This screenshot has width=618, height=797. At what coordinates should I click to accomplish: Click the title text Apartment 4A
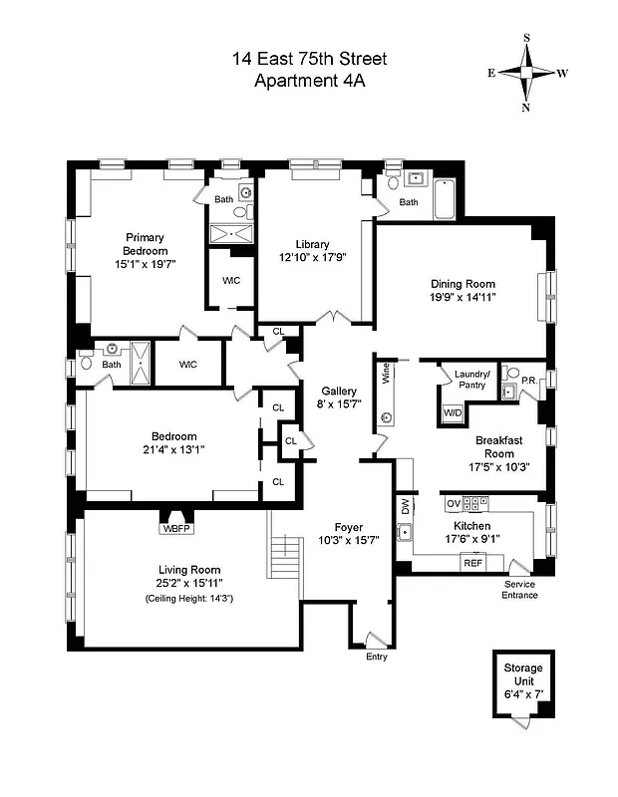point(309,82)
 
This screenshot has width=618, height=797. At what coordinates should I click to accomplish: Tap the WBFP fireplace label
point(175,528)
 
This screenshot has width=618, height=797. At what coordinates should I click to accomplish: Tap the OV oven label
point(453,503)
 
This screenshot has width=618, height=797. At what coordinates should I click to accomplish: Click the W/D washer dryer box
point(453,412)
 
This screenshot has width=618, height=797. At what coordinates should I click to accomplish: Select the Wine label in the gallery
point(386,374)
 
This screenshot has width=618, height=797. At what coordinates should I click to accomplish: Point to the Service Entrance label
point(520,590)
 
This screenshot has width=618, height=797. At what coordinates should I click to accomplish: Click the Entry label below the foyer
point(376,657)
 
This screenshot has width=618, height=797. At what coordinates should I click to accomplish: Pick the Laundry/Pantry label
point(470,380)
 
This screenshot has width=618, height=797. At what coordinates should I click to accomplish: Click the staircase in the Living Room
point(285,557)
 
